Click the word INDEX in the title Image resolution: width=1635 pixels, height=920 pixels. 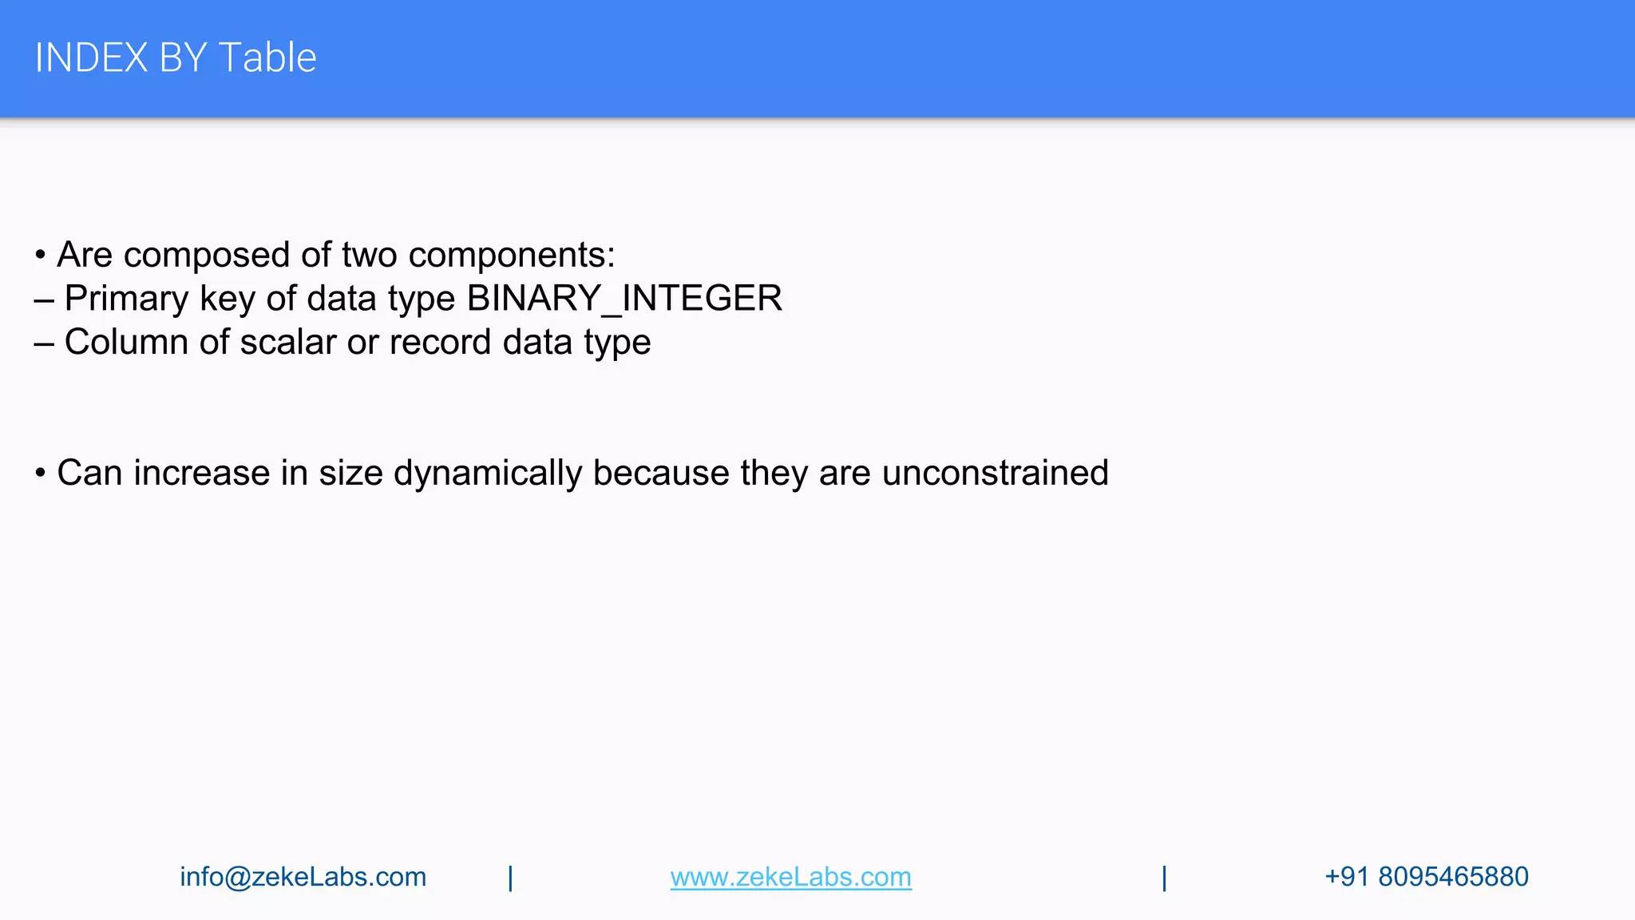pyautogui.click(x=91, y=58)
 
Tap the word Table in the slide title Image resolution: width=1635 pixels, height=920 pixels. pyautogui.click(x=267, y=58)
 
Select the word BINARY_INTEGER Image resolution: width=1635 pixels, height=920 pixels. pyautogui.click(x=624, y=299)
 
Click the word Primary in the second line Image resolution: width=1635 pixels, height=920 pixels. pyautogui.click(x=126, y=299)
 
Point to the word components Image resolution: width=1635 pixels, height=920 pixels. pyautogui.click(x=511, y=256)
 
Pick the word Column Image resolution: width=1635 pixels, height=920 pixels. pyautogui.click(x=126, y=343)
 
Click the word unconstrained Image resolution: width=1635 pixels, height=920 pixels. pyautogui.click(x=995, y=474)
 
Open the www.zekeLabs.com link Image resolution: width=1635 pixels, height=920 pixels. pyautogui.click(x=790, y=877)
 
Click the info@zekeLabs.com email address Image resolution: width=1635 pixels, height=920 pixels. pyautogui.click(x=303, y=877)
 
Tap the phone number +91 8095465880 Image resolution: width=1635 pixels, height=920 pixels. pyautogui.click(x=1426, y=877)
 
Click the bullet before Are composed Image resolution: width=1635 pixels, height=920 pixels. pyautogui.click(x=40, y=256)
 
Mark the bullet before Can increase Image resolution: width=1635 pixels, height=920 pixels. pyautogui.click(x=40, y=474)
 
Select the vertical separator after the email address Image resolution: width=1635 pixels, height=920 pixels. pyautogui.click(x=510, y=878)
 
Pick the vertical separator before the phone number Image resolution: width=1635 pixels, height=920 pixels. pyautogui.click(x=1164, y=878)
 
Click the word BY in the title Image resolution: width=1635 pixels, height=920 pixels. pyautogui.click(x=183, y=58)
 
